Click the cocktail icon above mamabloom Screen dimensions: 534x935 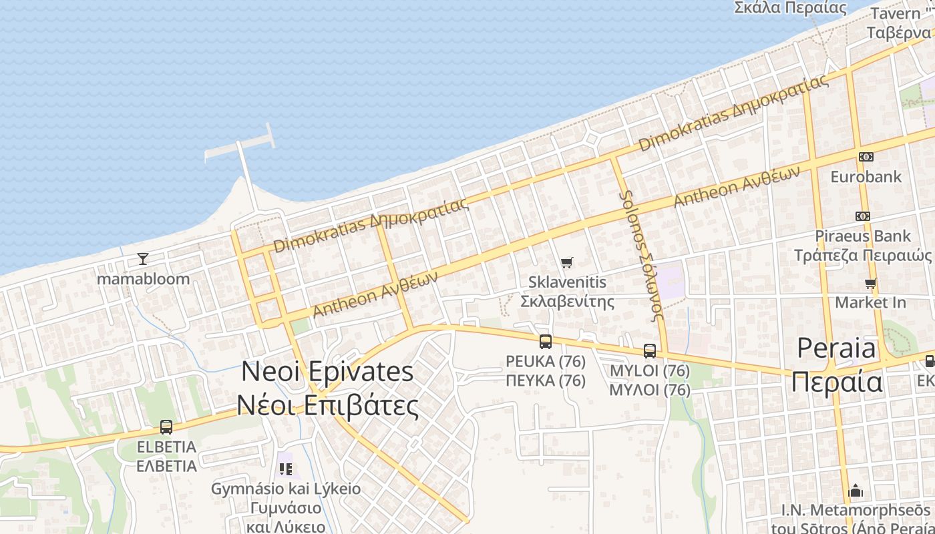pos(142,259)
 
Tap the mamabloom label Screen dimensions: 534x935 pos(144,279)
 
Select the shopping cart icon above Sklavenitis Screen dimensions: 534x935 pos(567,263)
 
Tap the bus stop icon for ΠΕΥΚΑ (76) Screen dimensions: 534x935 pos(546,342)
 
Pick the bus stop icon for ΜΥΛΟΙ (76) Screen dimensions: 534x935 pos(650,350)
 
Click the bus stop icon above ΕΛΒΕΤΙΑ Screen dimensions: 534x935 pos(166,427)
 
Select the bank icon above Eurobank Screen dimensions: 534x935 pos(866,157)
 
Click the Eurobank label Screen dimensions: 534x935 pos(866,177)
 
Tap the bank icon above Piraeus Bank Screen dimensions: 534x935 pos(863,216)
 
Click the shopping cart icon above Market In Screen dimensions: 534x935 pos(871,284)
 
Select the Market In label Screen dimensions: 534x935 pos(871,302)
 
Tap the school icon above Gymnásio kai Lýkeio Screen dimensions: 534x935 pos(286,469)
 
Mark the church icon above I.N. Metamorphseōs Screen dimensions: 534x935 pos(856,492)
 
